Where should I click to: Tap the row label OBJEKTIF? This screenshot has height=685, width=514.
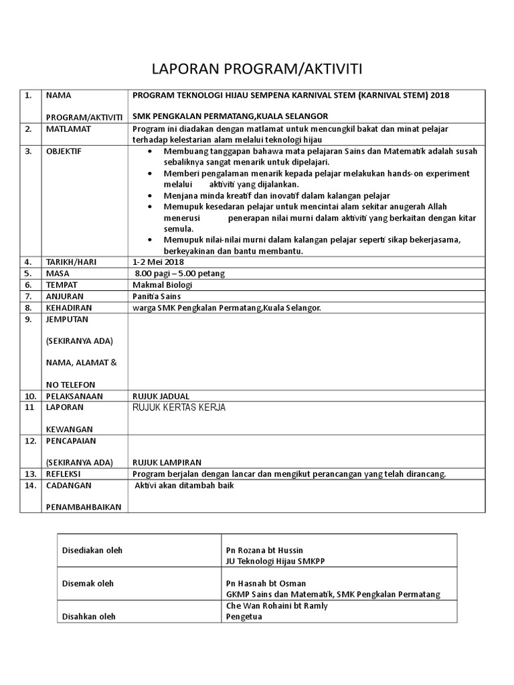pyautogui.click(x=64, y=151)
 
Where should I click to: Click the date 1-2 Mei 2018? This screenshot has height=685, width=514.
pyautogui.click(x=158, y=262)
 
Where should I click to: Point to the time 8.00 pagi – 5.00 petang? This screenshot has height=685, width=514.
pyautogui.click(x=179, y=274)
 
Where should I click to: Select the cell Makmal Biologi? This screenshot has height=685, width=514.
pyautogui.click(x=162, y=285)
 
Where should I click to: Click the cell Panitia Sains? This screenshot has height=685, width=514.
pyautogui.click(x=157, y=296)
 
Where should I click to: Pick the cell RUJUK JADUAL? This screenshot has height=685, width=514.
pyautogui.click(x=161, y=395)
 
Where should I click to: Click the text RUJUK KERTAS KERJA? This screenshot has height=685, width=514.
pyautogui.click(x=179, y=407)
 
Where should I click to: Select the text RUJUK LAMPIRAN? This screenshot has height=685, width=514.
pyautogui.click(x=167, y=462)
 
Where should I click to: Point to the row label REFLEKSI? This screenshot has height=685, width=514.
pyautogui.click(x=65, y=474)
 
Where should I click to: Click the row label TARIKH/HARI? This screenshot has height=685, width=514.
pyautogui.click(x=71, y=262)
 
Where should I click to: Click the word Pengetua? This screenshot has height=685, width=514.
pyautogui.click(x=244, y=617)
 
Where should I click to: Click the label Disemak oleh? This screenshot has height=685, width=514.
pyautogui.click(x=88, y=583)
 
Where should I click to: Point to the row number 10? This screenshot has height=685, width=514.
pyautogui.click(x=29, y=395)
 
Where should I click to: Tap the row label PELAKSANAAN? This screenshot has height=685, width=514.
pyautogui.click(x=74, y=395)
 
